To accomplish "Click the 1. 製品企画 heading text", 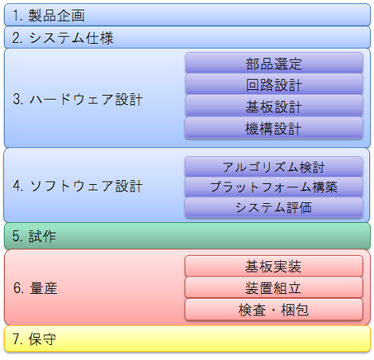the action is (49, 15).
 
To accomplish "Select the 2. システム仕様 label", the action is (63, 37).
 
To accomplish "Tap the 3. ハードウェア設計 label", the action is (77, 100).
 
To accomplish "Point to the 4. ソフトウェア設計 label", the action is (77, 186).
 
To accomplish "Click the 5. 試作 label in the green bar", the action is (34, 236).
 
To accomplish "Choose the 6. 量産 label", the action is (35, 288).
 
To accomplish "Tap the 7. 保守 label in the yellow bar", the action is (34, 339).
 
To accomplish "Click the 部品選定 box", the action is (274, 63).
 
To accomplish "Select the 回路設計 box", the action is (274, 84).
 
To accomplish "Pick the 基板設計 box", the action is (274, 106).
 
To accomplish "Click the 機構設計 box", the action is (274, 128).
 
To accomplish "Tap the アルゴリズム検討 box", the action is (274, 166).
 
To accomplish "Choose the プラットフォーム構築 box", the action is (274, 187).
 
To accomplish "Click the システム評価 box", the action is (274, 208).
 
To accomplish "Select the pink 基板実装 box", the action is (274, 266).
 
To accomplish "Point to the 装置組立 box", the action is (274, 288).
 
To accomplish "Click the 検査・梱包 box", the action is (274, 310).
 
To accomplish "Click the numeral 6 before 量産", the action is (18, 288).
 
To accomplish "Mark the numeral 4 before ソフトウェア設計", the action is (17, 186).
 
